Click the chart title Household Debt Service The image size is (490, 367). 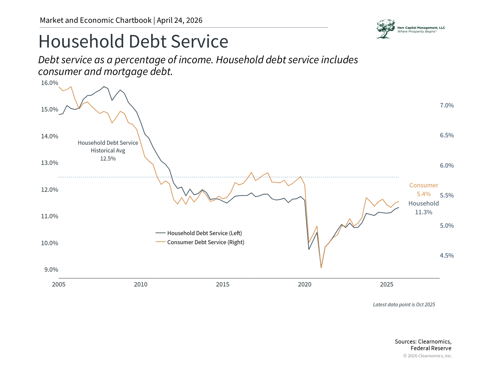click(x=133, y=41)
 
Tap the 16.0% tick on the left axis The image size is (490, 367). click(x=50, y=83)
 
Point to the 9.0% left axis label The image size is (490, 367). click(x=51, y=270)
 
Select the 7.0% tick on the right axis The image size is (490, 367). click(x=447, y=106)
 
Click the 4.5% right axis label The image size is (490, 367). click(x=447, y=256)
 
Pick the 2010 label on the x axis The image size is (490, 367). click(x=141, y=284)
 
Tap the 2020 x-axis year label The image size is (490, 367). click(x=304, y=284)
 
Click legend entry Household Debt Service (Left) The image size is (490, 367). click(x=204, y=233)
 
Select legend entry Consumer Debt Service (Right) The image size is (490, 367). click(x=205, y=242)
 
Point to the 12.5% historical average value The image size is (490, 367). click(x=108, y=159)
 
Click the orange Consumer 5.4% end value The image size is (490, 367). click(x=424, y=194)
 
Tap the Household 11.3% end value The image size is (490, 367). click(x=424, y=212)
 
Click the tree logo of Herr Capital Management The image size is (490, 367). click(x=385, y=29)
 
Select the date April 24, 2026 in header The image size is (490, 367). click(x=179, y=20)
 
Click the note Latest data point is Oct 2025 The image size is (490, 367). click(x=404, y=305)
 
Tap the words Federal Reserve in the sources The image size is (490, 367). click(x=431, y=348)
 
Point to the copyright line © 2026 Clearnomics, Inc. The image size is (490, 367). click(x=427, y=356)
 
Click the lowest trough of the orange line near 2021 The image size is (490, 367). click(x=321, y=268)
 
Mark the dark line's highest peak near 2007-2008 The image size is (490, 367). click(x=104, y=87)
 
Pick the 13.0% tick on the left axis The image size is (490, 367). click(x=50, y=163)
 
